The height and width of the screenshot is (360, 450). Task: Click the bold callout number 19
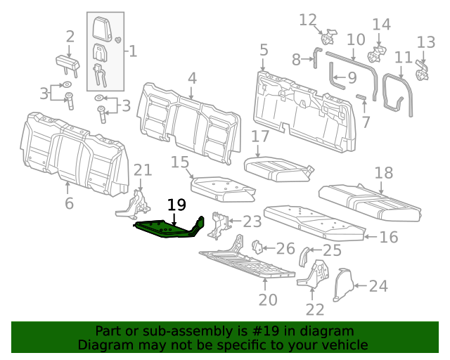tap(176, 205)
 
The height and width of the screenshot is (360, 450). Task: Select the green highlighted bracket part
tap(169, 229)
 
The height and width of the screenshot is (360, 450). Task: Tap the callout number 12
tap(308, 20)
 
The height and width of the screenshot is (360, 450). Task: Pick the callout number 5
tap(264, 50)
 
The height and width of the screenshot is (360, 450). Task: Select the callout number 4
tap(191, 78)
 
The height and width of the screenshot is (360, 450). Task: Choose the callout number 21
tap(143, 169)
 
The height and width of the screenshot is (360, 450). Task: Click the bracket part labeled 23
tap(219, 224)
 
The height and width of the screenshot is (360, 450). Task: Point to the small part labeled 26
tap(257, 247)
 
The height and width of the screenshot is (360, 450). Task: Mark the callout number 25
tap(332, 250)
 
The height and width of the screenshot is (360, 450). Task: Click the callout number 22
tap(314, 309)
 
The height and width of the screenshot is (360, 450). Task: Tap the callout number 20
tap(264, 300)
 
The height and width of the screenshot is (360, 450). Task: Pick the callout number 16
tap(388, 238)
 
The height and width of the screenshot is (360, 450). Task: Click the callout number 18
tap(383, 173)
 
